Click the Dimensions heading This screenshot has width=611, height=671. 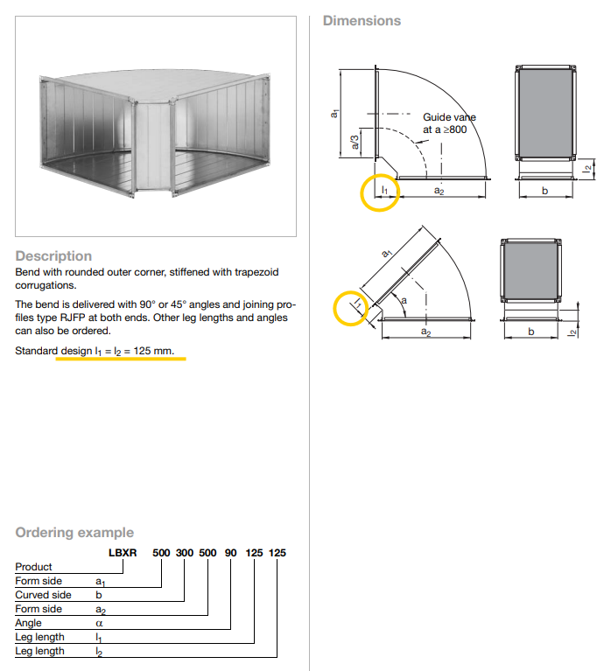click(362, 20)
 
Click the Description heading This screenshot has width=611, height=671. click(53, 255)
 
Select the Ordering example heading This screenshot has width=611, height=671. click(74, 532)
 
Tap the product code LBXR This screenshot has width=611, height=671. click(122, 553)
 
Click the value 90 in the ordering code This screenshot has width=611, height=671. click(231, 553)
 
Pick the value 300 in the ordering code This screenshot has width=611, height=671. click(185, 553)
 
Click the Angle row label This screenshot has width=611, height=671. click(28, 623)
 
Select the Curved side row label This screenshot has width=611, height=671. click(43, 595)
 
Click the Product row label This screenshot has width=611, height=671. click(33, 567)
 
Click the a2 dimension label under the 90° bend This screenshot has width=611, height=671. click(439, 192)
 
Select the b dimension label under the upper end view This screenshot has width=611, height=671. click(544, 192)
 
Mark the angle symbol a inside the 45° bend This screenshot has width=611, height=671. click(403, 300)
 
